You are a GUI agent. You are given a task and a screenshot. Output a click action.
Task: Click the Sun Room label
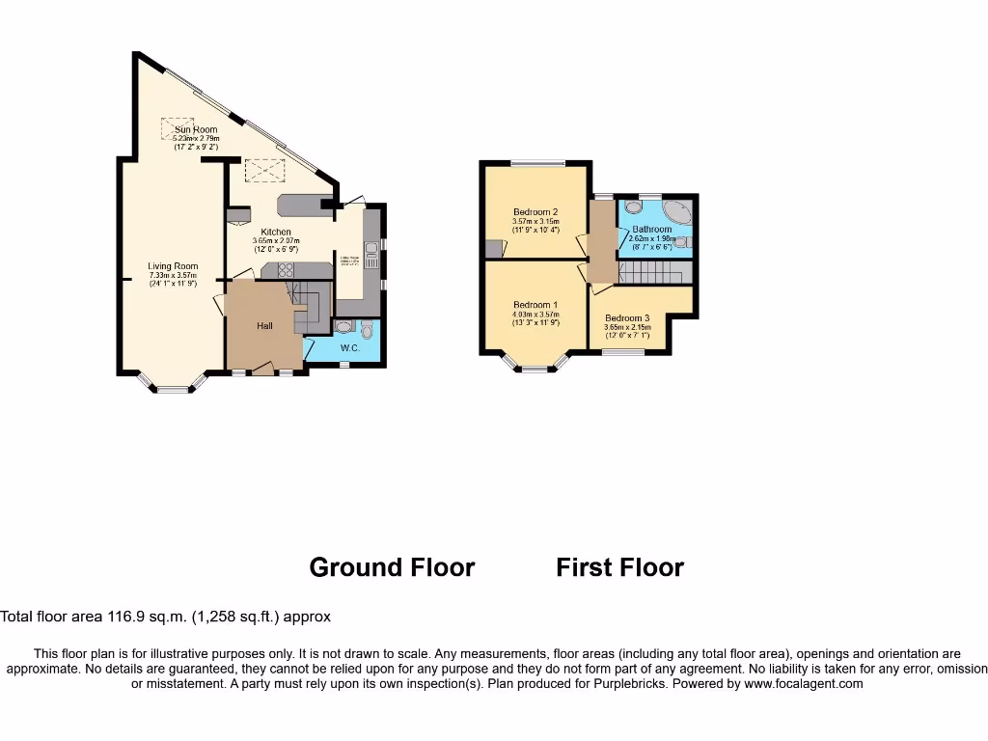[196, 129]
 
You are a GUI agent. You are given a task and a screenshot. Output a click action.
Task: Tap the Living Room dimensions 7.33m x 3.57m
[174, 275]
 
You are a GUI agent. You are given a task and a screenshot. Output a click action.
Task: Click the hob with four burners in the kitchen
[286, 270]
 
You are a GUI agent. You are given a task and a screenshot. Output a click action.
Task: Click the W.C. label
[349, 348]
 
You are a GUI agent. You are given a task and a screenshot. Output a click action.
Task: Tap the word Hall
[263, 326]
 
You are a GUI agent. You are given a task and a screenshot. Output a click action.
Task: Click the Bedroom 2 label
[535, 212]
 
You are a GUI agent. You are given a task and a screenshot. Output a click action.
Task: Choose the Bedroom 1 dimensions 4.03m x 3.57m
[535, 314]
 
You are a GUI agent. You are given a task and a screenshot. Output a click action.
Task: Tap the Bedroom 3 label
[627, 317]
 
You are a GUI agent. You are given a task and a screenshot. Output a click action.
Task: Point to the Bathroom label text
[653, 230]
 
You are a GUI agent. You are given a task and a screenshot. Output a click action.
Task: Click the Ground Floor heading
[392, 567]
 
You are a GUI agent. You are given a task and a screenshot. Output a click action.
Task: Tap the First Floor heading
[619, 567]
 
